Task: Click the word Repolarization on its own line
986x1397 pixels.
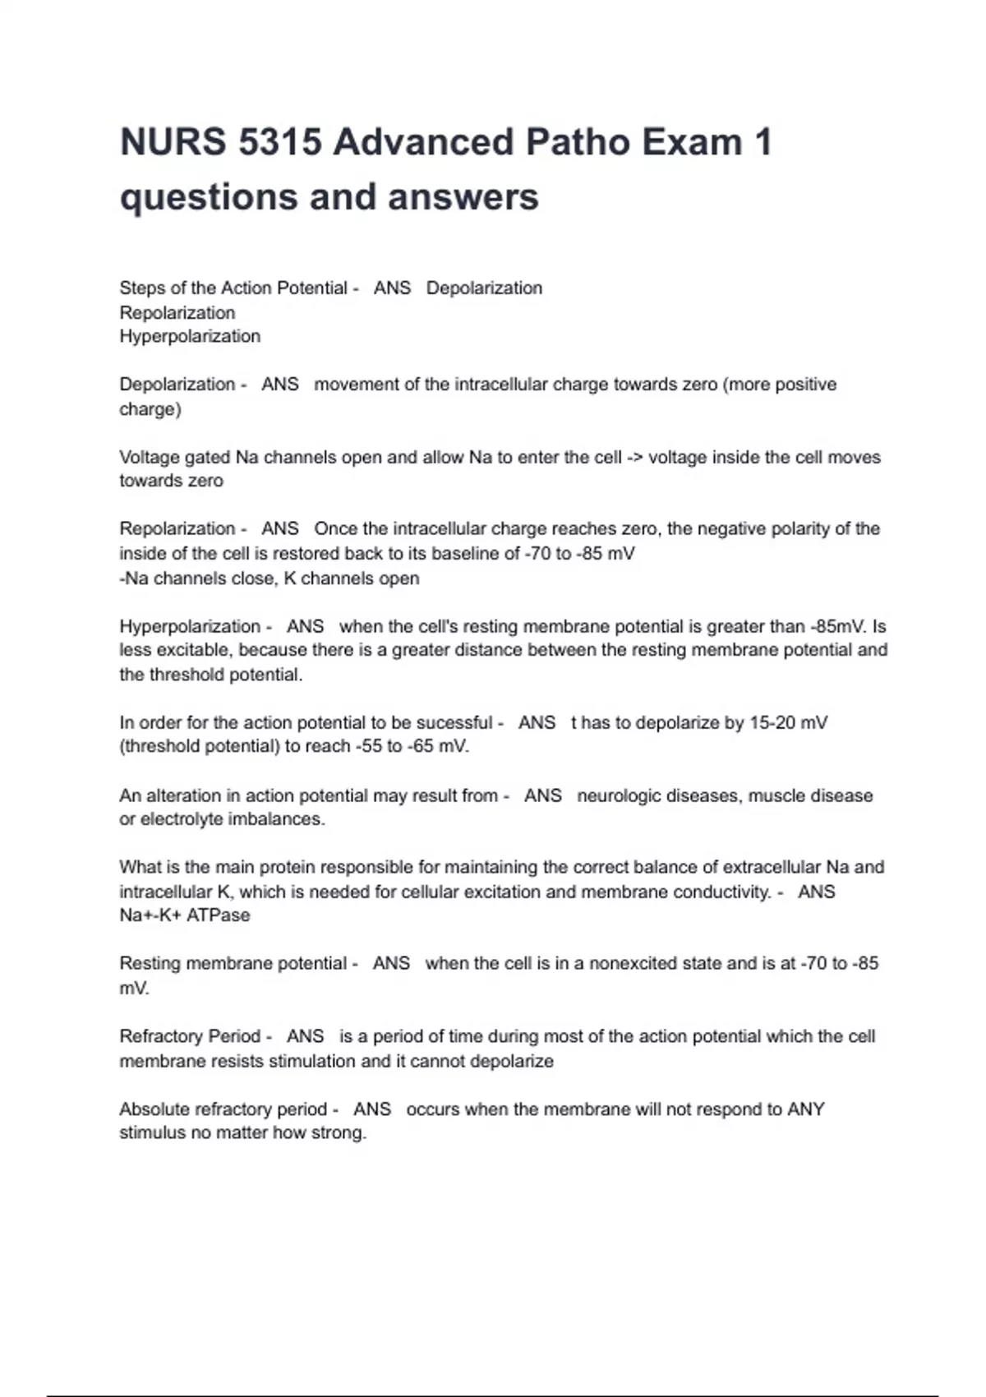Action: click(x=177, y=312)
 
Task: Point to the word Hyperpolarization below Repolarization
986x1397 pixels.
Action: click(x=190, y=336)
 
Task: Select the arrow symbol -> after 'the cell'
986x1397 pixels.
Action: click(x=635, y=457)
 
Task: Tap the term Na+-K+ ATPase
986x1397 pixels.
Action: click(x=185, y=915)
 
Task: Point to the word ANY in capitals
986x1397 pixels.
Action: click(x=805, y=1109)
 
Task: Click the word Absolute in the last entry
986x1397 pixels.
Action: click(x=154, y=1109)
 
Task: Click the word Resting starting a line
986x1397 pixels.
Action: click(x=150, y=963)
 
